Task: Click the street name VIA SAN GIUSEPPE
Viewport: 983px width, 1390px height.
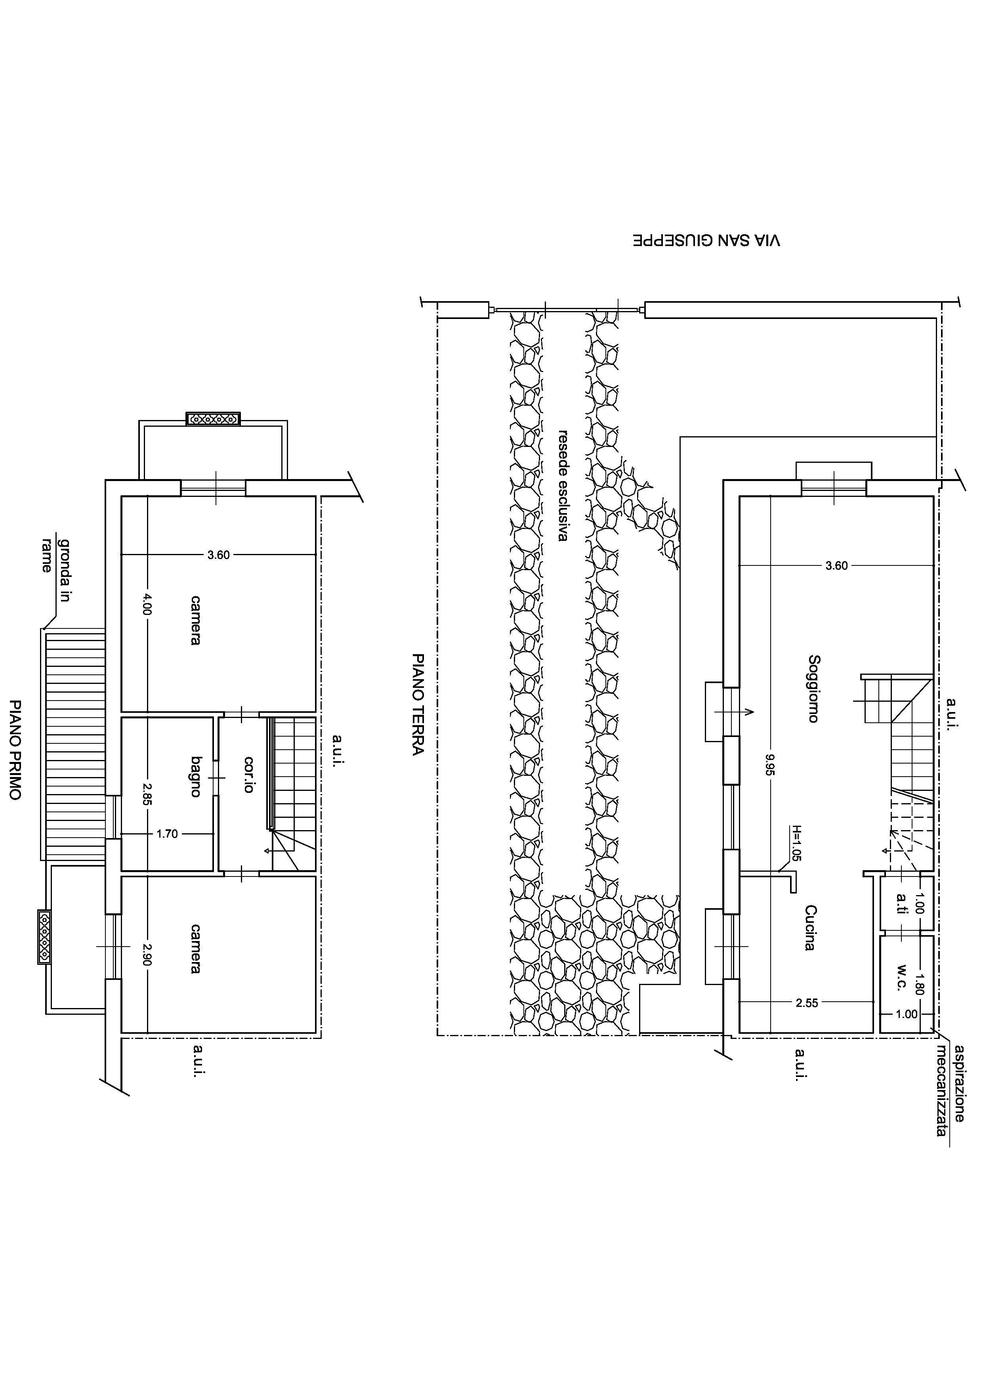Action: coord(706,241)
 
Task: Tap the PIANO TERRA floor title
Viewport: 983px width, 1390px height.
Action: coord(417,705)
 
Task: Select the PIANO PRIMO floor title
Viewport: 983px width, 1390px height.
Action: coord(15,750)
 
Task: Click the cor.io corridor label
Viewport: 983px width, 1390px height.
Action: coord(248,774)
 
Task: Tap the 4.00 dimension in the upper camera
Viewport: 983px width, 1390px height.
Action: coord(147,603)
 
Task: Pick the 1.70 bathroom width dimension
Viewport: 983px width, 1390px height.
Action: coord(167,834)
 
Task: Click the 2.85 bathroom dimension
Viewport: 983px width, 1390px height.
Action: coord(147,794)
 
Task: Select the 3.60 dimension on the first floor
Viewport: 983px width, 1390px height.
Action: coord(219,555)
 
